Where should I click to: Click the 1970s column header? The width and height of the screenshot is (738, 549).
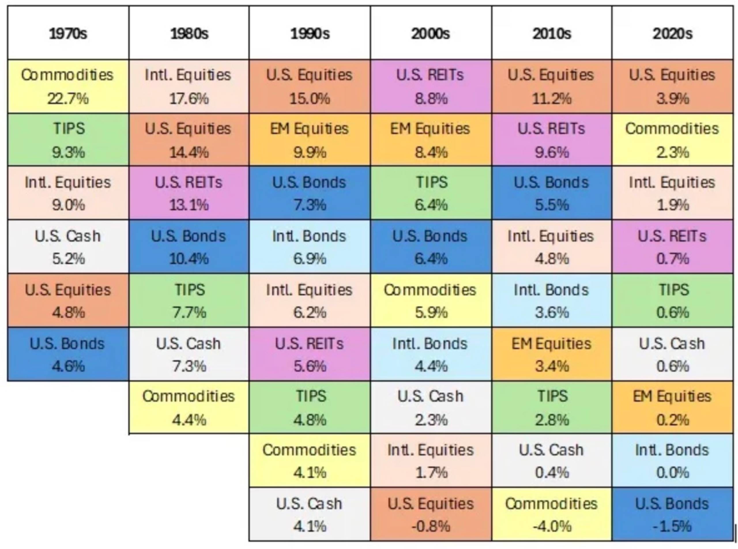pyautogui.click(x=68, y=33)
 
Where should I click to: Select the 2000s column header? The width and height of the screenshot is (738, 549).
pyautogui.click(x=431, y=33)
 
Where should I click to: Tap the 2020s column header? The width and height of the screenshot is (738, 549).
pyautogui.click(x=673, y=33)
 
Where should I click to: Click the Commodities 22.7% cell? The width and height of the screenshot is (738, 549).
pyautogui.click(x=68, y=86)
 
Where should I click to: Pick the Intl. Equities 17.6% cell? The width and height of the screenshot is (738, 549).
pyautogui.click(x=189, y=86)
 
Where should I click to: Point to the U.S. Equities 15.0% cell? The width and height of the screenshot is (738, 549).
pyautogui.click(x=310, y=86)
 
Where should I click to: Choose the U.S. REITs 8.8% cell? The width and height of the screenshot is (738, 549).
pyautogui.click(x=431, y=86)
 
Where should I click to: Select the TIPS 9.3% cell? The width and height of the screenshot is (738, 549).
pyautogui.click(x=68, y=140)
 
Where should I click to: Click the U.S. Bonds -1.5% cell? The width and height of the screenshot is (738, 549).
pyautogui.click(x=673, y=514)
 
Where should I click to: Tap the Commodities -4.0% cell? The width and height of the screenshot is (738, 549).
pyautogui.click(x=552, y=514)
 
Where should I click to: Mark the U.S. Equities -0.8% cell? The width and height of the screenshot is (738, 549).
pyautogui.click(x=431, y=514)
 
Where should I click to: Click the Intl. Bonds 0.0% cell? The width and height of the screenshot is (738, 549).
pyautogui.click(x=673, y=461)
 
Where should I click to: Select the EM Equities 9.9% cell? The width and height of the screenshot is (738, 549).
pyautogui.click(x=310, y=140)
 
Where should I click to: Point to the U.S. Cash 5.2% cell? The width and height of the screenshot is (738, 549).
pyautogui.click(x=68, y=247)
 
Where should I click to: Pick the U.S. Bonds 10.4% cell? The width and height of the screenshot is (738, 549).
pyautogui.click(x=189, y=247)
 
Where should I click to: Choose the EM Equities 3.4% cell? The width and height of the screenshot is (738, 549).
pyautogui.click(x=552, y=354)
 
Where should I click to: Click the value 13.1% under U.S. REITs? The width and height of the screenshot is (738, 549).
pyautogui.click(x=189, y=205)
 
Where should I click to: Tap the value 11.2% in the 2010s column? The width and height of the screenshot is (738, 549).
pyautogui.click(x=552, y=98)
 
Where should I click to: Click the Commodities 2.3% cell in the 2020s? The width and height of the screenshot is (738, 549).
pyautogui.click(x=673, y=140)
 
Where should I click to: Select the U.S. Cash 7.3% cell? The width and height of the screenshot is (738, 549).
pyautogui.click(x=189, y=354)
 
